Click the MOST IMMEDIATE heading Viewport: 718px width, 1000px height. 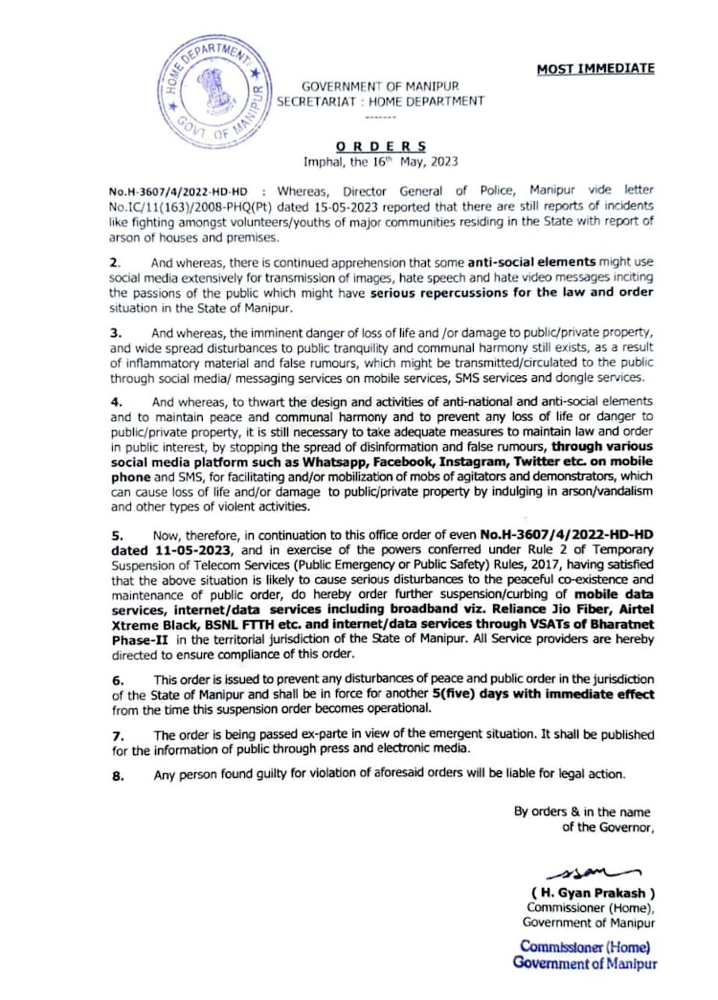coord(595,69)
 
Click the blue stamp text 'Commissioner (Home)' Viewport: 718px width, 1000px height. coord(585,946)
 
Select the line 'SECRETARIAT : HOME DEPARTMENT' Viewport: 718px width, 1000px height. coord(380,100)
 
